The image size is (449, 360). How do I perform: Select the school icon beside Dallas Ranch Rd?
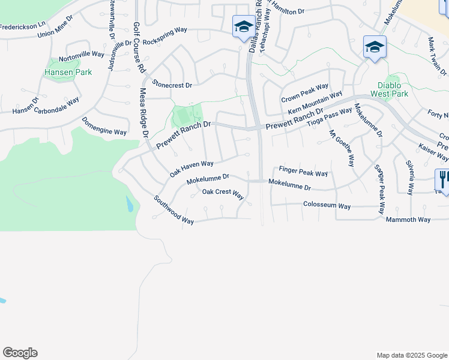(243, 27)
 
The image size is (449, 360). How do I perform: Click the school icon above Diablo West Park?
(375, 47)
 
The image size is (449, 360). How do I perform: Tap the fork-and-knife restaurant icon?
(442, 179)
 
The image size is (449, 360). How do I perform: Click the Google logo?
(20, 353)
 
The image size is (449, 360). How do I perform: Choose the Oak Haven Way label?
(191, 168)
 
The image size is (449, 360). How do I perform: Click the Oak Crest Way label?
(223, 194)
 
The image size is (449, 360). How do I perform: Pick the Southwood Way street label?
(173, 210)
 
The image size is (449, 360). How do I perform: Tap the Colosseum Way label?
(327, 206)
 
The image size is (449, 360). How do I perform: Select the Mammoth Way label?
(408, 220)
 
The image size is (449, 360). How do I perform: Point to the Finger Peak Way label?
(303, 172)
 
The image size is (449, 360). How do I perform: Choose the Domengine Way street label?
(104, 126)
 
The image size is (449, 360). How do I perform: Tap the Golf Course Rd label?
(138, 49)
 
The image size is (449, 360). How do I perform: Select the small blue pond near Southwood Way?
(130, 204)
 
